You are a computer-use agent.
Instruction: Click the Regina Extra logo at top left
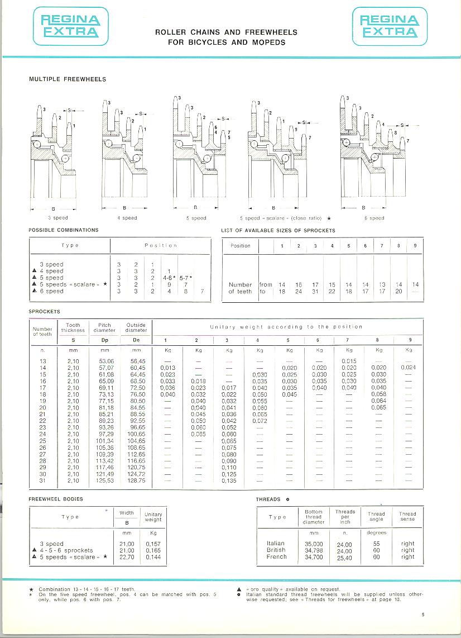(70, 27)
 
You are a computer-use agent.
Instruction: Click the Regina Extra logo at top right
(388, 27)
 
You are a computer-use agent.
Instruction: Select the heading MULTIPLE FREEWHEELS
(68, 79)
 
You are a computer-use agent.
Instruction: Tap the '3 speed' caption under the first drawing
(57, 218)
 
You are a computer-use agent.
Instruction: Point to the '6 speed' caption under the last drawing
(374, 218)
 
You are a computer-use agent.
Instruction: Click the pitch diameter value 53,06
(105, 361)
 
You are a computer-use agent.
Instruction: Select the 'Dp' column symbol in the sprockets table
(104, 340)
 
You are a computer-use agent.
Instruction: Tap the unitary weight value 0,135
(229, 480)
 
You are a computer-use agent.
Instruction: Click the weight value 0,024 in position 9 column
(409, 368)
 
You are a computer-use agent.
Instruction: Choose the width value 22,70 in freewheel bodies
(127, 557)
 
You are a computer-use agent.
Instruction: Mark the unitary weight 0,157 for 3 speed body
(153, 544)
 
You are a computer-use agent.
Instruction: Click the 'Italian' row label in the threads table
(276, 543)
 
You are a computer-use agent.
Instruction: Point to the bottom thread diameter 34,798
(313, 550)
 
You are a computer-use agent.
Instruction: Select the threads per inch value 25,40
(344, 558)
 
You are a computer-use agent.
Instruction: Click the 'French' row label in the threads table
(276, 557)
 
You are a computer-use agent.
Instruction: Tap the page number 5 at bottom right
(423, 615)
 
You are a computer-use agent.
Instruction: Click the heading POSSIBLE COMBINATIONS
(64, 230)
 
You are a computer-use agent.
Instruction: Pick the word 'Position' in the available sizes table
(241, 246)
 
